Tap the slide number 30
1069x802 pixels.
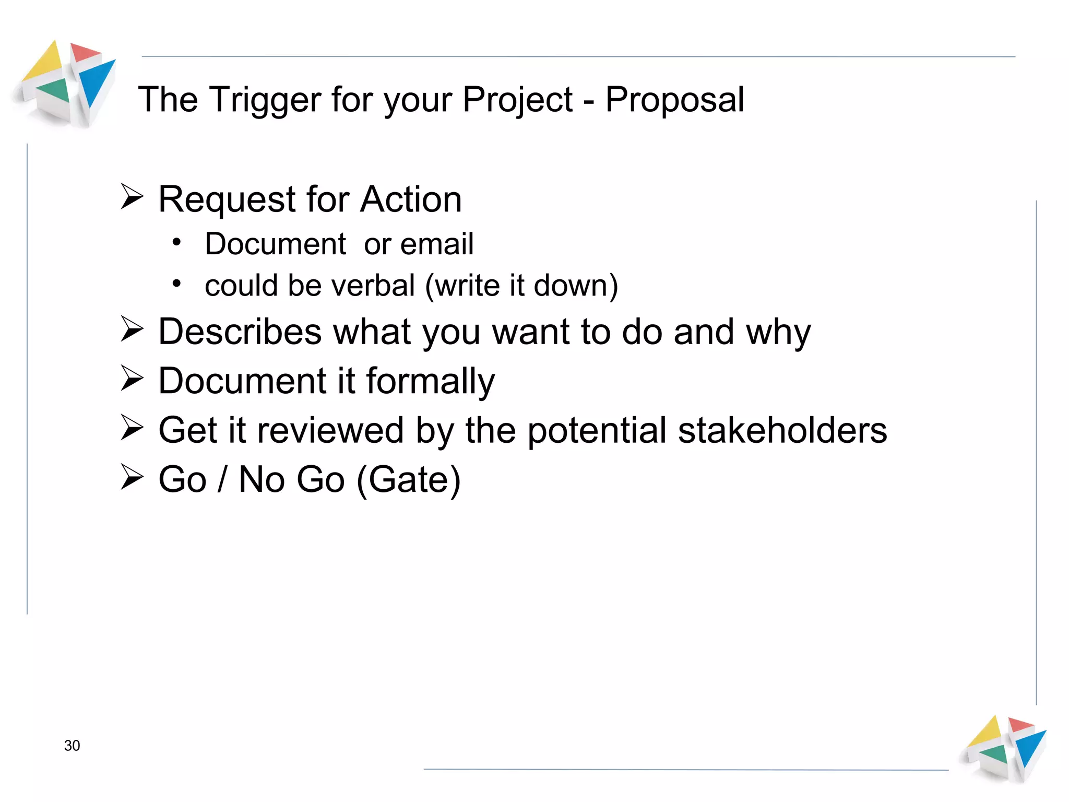click(72, 746)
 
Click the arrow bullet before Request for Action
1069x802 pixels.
click(132, 197)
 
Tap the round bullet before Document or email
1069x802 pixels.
click(177, 242)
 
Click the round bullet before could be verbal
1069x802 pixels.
click(177, 284)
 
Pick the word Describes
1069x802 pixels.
click(240, 332)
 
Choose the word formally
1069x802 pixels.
click(431, 381)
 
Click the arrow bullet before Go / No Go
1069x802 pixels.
click(132, 477)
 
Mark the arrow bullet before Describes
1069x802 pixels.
click(132, 329)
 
